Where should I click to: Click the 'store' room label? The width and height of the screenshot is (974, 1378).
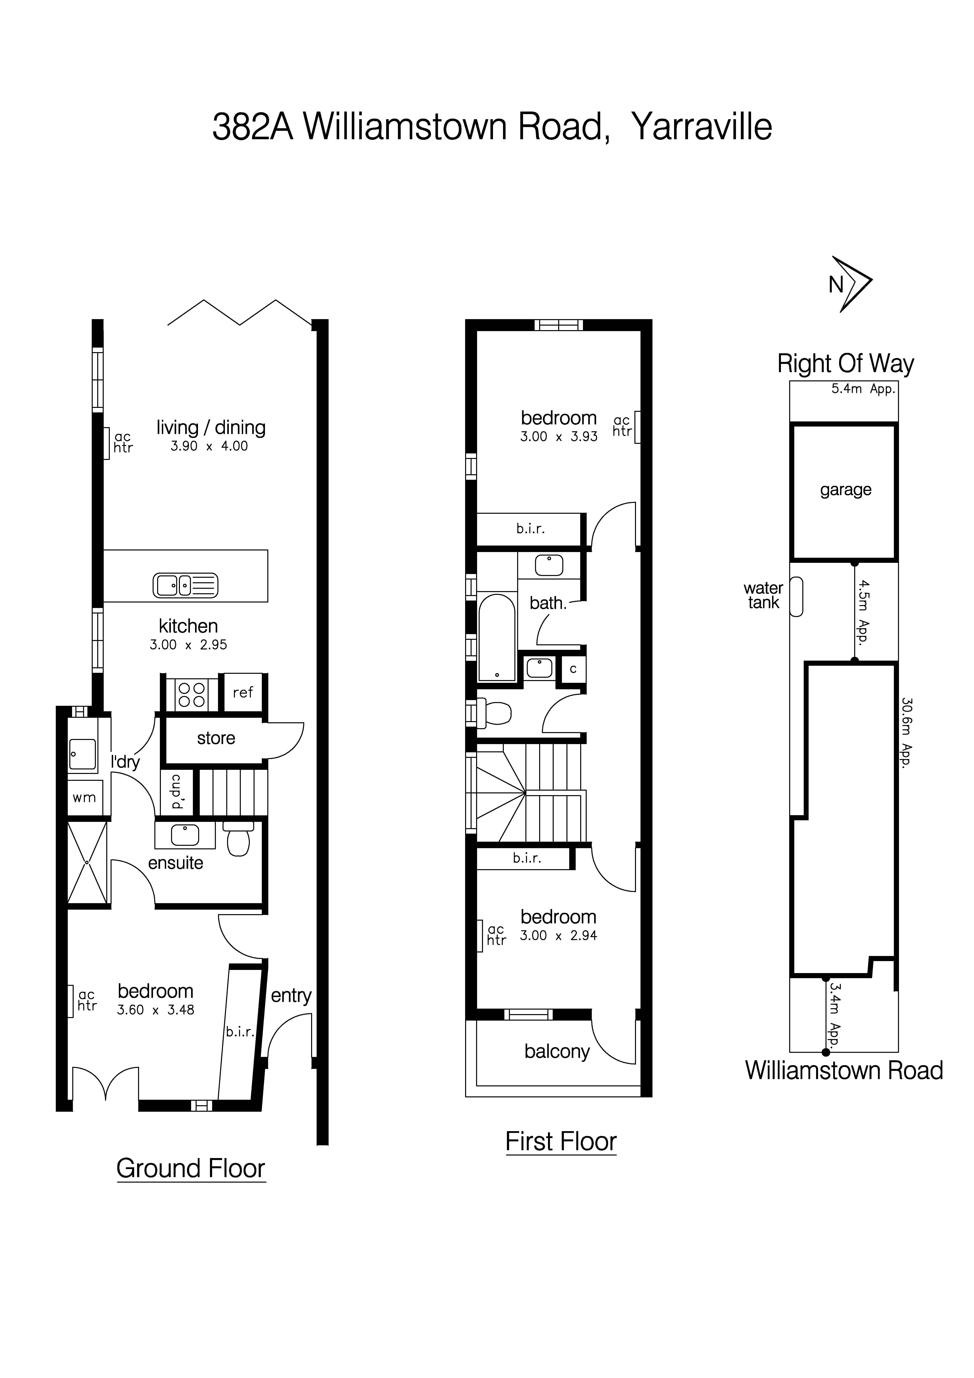pos(216,738)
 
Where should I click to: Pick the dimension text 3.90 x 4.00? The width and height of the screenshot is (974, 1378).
pos(209,446)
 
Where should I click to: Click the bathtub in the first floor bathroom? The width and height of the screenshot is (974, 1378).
pos(497,637)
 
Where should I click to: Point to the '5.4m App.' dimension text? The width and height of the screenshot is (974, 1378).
pos(862,389)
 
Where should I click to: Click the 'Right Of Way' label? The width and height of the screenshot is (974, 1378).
pos(845,364)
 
